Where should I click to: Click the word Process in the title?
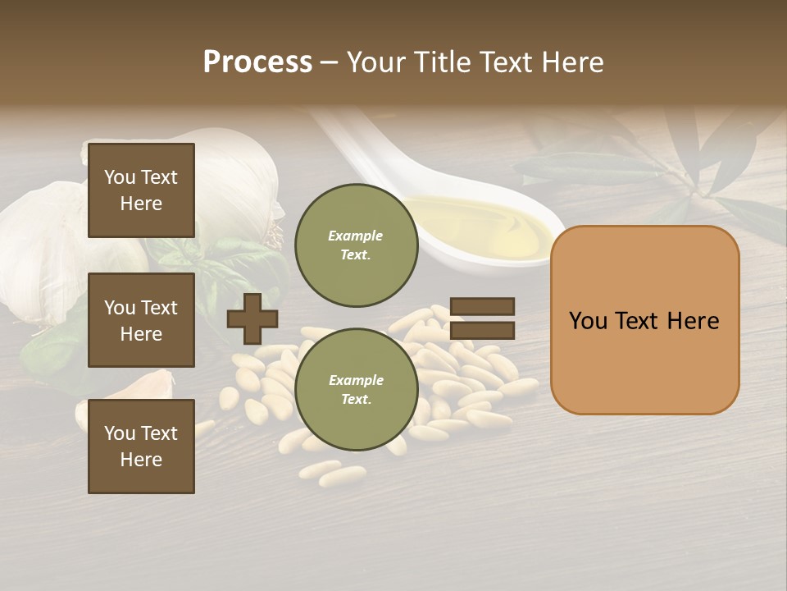[x=257, y=62]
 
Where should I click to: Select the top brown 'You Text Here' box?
[x=141, y=190]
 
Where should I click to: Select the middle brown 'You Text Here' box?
[x=141, y=320]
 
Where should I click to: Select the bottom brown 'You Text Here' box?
[x=141, y=447]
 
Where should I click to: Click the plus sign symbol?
[x=252, y=318]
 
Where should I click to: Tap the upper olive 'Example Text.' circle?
[x=356, y=245]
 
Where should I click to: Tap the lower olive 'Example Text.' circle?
[x=356, y=389]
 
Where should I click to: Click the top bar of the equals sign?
[x=482, y=306]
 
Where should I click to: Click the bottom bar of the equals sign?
[x=482, y=331]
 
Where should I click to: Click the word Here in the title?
[x=571, y=62]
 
